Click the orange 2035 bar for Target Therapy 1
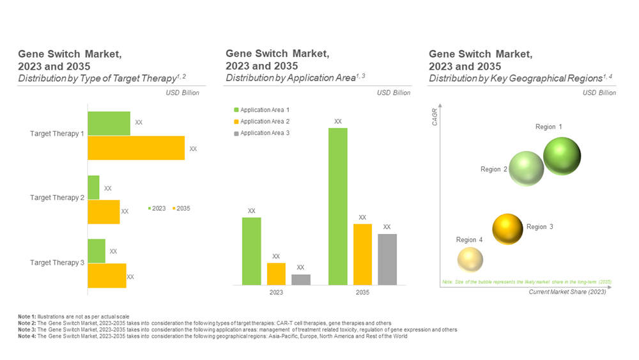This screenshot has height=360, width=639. [x=136, y=148]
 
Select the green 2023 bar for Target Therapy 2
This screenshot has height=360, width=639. [x=93, y=187]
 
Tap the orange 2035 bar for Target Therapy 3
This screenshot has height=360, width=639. [x=107, y=276]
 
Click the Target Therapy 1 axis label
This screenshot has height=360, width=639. [x=57, y=134]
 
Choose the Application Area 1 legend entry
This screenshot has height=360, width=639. [x=262, y=110]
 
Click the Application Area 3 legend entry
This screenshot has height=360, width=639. [x=262, y=133]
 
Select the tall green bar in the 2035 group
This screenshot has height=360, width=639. [x=338, y=206]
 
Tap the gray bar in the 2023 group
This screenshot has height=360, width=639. [x=301, y=279]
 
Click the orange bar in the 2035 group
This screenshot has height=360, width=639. [x=362, y=254]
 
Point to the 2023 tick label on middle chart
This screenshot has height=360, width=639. [x=276, y=292]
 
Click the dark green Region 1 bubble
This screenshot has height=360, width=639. [x=562, y=156]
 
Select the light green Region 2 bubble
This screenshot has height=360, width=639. [x=527, y=169]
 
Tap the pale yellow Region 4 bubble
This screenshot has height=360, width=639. [x=470, y=259]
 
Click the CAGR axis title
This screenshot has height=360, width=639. [x=435, y=116]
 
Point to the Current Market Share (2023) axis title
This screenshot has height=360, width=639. [x=567, y=292]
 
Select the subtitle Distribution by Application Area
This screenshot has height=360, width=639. [x=289, y=78]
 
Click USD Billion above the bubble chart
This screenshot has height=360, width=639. [x=599, y=93]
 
